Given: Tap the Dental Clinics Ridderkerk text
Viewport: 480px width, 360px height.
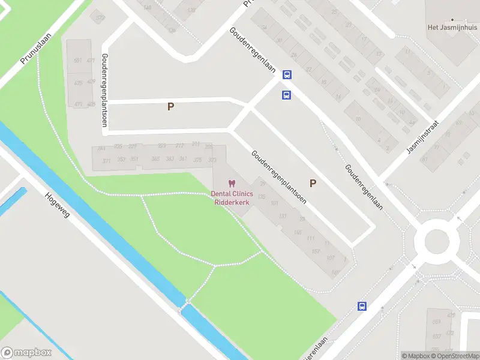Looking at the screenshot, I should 232,197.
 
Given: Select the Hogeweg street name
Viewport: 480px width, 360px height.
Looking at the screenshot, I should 58,205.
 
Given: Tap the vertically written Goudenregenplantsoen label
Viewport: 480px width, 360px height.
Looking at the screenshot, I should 104,91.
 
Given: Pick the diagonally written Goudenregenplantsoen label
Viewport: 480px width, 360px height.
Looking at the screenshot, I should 279,177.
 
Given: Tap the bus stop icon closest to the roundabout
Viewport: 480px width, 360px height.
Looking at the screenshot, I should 362,306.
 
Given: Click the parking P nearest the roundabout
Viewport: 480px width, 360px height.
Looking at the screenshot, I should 313,183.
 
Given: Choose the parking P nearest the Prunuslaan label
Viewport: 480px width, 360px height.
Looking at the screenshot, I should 170,107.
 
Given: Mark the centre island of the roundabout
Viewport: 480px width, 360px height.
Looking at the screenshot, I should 432,242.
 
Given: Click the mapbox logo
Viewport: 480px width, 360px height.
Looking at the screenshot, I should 26,353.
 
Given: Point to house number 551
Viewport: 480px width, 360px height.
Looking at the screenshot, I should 77,61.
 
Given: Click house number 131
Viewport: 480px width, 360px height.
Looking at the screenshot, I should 283,217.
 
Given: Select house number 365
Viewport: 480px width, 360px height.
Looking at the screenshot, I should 155,159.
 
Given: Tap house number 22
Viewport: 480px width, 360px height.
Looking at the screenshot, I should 309,70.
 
